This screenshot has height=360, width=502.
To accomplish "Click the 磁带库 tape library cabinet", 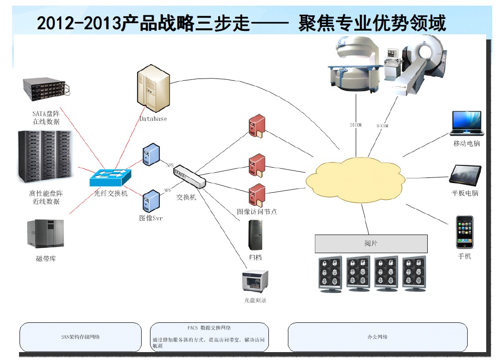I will [46, 234].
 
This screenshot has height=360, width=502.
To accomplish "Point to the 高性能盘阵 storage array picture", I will [46, 157].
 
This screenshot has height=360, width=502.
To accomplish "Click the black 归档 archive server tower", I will [255, 235].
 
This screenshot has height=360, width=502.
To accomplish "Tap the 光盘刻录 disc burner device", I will [255, 281].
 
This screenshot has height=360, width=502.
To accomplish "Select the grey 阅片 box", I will [371, 243].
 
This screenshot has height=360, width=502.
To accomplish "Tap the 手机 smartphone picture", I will [465, 232].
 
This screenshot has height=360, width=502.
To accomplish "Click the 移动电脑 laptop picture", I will [466, 123].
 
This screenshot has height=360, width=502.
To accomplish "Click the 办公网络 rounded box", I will [378, 337].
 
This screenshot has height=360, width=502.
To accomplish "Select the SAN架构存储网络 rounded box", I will [80, 337].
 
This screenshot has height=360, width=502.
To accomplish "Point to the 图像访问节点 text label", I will [257, 211].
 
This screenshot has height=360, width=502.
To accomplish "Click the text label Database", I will [153, 119].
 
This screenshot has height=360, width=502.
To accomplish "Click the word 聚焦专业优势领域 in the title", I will [372, 23].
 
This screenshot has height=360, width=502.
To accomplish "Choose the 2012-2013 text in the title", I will [78, 23].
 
